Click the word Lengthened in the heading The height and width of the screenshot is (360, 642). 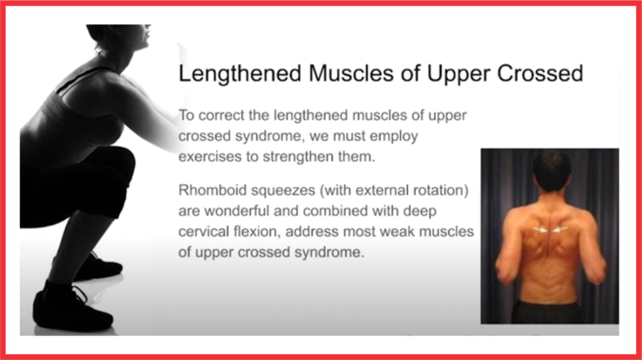[240, 74]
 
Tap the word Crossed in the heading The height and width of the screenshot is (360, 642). [540, 73]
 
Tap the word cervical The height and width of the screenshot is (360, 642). [203, 232]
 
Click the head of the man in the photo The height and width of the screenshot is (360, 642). [552, 171]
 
